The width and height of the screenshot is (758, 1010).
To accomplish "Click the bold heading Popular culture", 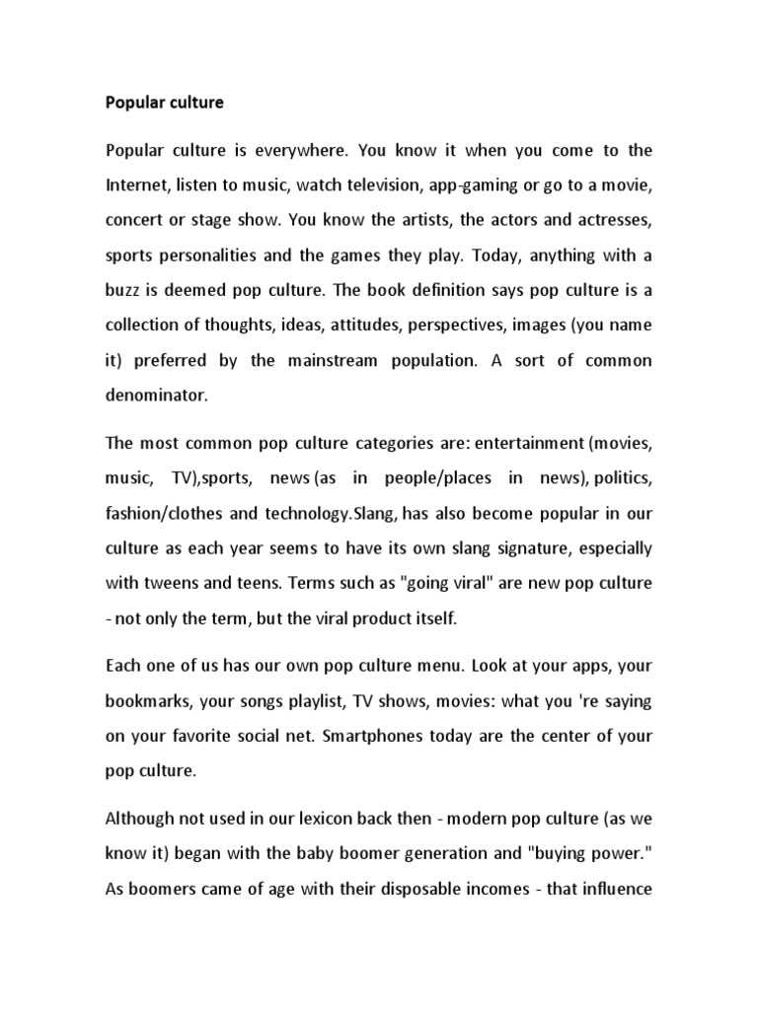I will click(x=165, y=102).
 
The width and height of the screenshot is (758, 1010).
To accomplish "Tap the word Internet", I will click(x=139, y=184).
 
